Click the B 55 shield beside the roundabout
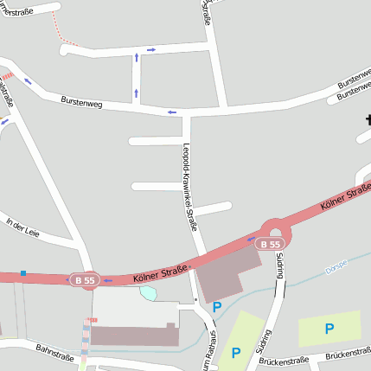(x=270, y=245)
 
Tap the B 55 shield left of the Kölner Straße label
(x=85, y=280)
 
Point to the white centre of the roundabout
(x=275, y=230)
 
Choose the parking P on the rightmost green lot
(x=329, y=328)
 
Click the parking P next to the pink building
(x=217, y=306)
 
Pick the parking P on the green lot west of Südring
(x=235, y=352)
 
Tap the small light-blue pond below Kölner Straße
(x=149, y=293)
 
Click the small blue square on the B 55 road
(x=23, y=273)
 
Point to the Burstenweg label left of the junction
(x=81, y=103)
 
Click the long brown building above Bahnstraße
(x=135, y=335)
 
